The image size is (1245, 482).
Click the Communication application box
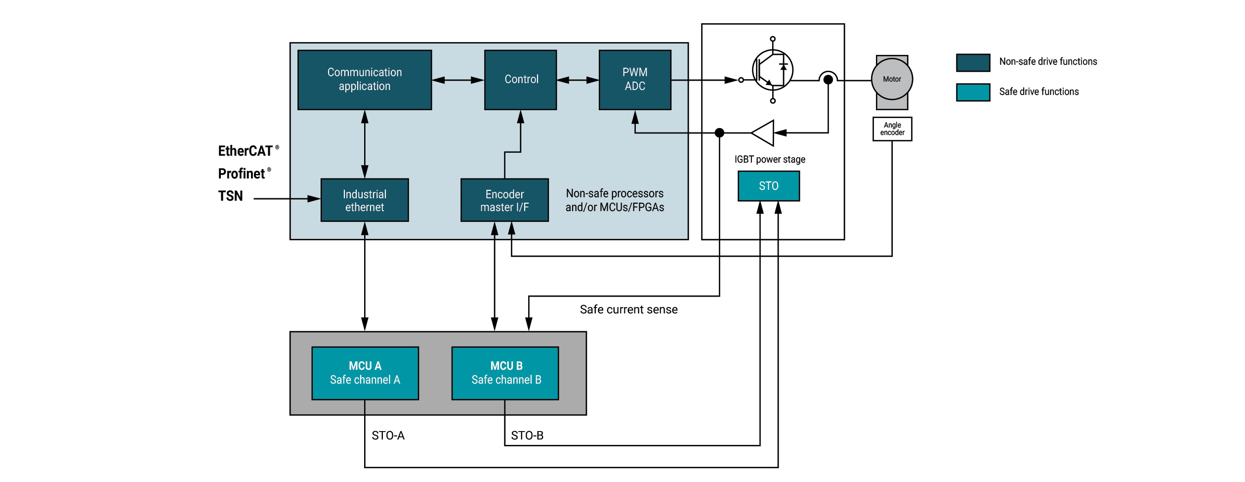(365, 80)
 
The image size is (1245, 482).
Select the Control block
(521, 80)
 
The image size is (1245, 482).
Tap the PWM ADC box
(635, 80)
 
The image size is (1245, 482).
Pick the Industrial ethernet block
(365, 200)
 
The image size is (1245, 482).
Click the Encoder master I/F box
(504, 200)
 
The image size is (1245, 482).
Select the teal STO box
(769, 186)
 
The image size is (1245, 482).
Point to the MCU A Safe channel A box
(365, 373)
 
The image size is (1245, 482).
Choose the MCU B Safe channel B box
(505, 373)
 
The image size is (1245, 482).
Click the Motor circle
(892, 79)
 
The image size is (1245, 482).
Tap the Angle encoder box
(892, 129)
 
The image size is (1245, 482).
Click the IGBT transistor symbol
(773, 70)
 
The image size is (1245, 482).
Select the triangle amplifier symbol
(764, 133)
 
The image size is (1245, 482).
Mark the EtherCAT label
(246, 151)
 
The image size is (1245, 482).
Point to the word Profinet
(242, 174)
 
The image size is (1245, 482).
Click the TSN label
(231, 196)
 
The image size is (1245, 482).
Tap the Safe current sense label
(628, 309)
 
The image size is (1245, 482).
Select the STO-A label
(388, 436)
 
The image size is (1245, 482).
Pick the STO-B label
(527, 436)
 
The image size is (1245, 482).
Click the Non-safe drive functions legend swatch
(973, 63)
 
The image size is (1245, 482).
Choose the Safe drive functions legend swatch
(973, 92)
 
